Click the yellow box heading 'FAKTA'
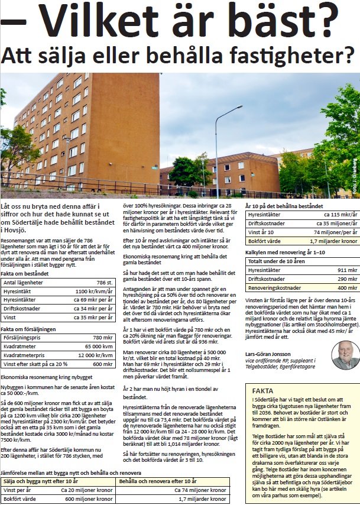pyautogui.click(x=262, y=391)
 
